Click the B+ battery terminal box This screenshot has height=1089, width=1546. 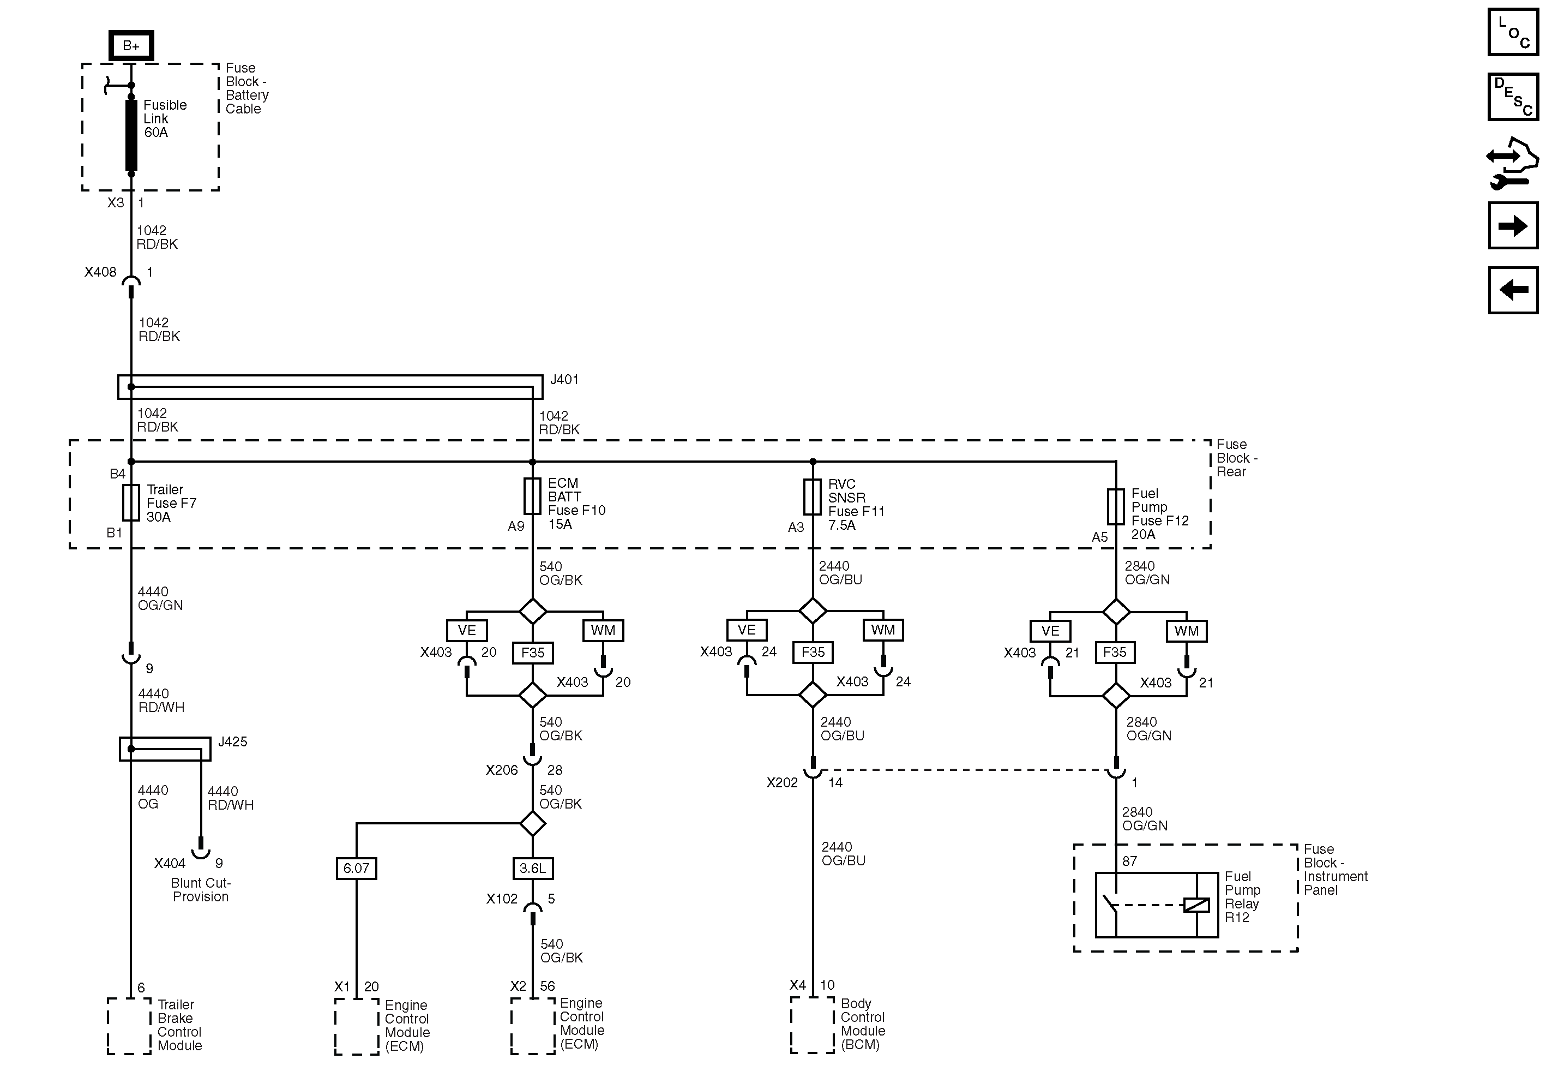131,46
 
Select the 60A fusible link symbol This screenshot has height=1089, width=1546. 131,135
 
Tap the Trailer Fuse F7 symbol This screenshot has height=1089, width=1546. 131,502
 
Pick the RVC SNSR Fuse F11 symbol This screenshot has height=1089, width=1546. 813,497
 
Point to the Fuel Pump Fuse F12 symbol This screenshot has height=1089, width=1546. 1116,506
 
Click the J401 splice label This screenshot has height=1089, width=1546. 564,380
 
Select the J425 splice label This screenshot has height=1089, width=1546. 232,741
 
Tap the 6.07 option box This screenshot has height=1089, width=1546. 356,868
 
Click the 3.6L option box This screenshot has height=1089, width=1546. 533,868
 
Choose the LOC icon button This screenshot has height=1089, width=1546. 1512,32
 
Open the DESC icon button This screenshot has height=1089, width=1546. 1512,97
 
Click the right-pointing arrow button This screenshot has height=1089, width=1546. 1512,226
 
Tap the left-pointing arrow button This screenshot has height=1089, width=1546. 1512,290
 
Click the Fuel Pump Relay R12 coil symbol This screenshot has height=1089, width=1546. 1196,905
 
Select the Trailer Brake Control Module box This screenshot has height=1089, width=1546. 129,1026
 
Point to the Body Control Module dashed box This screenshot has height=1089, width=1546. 813,1025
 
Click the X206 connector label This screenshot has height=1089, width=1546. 502,770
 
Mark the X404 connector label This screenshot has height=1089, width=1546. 170,863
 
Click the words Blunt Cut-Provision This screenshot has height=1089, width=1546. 201,890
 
